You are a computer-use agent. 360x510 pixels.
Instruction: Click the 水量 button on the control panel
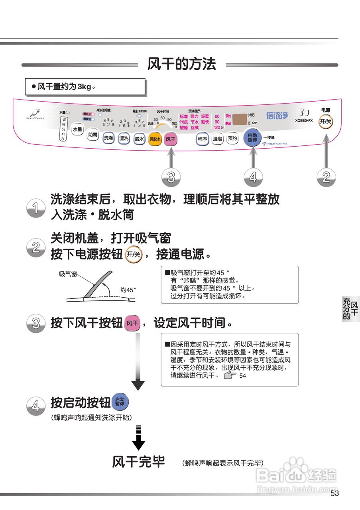pyautogui.click(x=77, y=129)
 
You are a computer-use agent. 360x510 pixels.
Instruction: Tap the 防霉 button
pyautogui.click(x=92, y=135)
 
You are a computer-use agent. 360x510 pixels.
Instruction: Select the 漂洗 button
pyautogui.click(x=124, y=138)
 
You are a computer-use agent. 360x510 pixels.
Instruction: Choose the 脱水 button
pyautogui.click(x=139, y=139)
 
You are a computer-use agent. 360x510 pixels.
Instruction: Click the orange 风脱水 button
pyautogui.click(x=155, y=139)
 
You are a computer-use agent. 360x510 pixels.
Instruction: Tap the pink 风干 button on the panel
pyautogui.click(x=171, y=139)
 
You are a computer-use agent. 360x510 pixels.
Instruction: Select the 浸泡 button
pyautogui.click(x=217, y=139)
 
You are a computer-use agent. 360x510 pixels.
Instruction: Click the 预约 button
pyautogui.click(x=232, y=138)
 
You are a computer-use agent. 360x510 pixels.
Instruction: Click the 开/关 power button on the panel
pyautogui.click(x=326, y=122)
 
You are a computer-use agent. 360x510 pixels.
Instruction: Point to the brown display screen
pyautogui.click(x=239, y=119)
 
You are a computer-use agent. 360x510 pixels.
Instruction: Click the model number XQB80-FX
pyautogui.click(x=304, y=120)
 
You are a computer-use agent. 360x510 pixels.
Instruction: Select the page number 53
pyautogui.click(x=334, y=494)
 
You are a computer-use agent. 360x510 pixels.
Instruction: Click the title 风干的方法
pyautogui.click(x=181, y=64)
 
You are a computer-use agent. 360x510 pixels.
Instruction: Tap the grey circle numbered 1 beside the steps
pyautogui.click(x=36, y=208)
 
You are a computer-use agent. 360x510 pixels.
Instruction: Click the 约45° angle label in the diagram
pyautogui.click(x=128, y=290)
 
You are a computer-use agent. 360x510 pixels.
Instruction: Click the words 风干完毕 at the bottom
pyautogui.click(x=138, y=462)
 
